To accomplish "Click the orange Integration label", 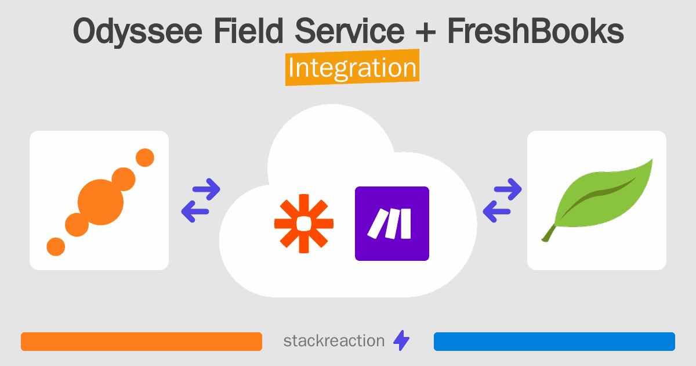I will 352,69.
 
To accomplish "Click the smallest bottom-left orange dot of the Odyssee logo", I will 56,246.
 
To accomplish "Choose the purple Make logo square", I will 392,224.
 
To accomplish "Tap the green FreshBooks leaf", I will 600,195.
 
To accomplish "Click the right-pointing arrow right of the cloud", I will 508,189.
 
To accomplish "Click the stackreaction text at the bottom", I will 333,341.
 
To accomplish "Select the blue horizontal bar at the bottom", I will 554,342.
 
